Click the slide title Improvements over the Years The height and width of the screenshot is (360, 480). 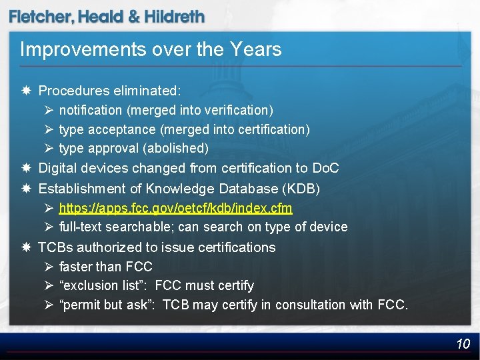(x=151, y=49)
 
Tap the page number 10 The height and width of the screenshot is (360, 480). (x=463, y=344)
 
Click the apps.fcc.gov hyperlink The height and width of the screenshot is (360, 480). (x=175, y=208)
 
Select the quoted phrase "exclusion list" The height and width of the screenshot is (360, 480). (x=104, y=285)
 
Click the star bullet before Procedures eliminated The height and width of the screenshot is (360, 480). (x=25, y=90)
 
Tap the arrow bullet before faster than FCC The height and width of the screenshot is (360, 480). (x=49, y=267)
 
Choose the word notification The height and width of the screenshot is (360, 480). (x=90, y=109)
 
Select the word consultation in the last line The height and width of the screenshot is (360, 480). (x=311, y=305)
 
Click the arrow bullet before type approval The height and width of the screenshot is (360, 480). (x=49, y=148)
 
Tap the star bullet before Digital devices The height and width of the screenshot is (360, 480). (x=25, y=168)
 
